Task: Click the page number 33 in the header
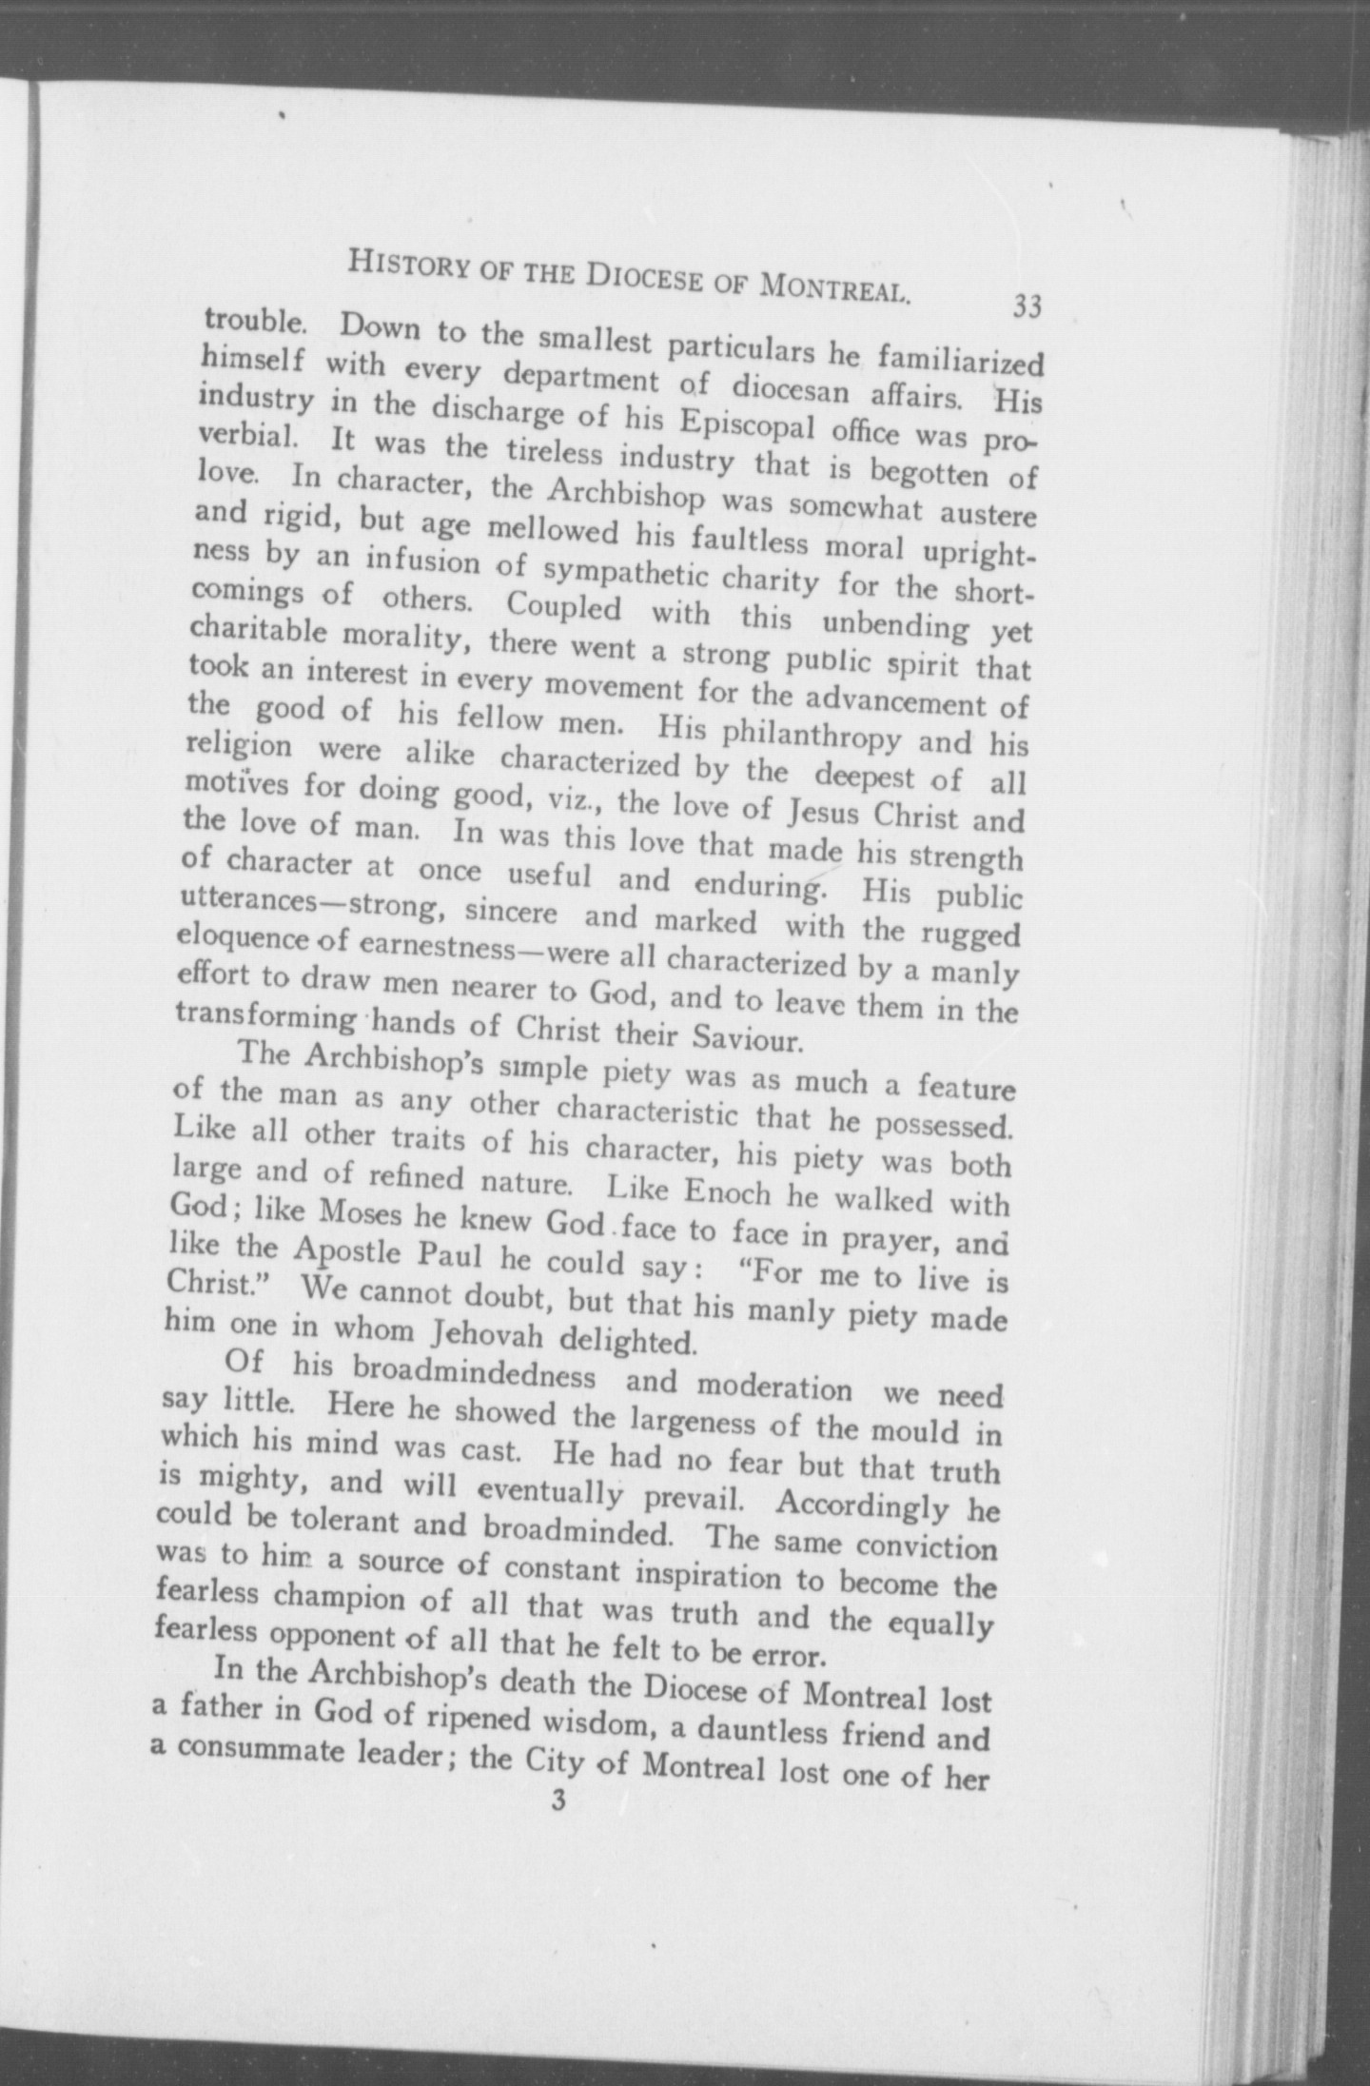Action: coord(1027,306)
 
